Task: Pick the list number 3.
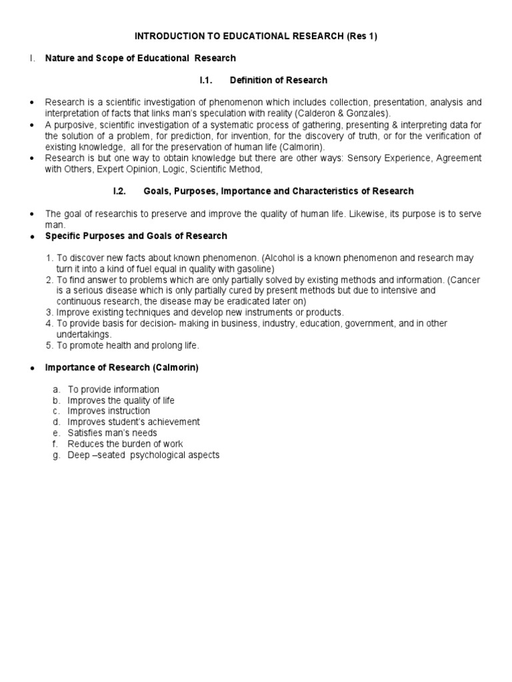click(49, 312)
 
